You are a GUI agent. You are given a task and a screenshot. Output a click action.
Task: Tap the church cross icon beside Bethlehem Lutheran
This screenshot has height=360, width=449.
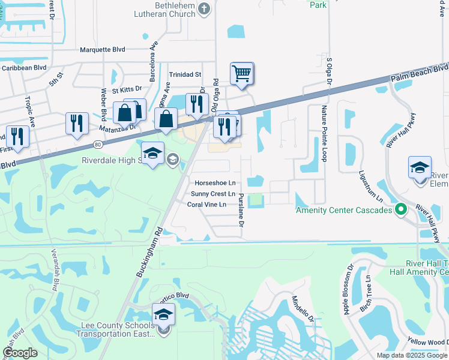pyautogui.click(x=204, y=8)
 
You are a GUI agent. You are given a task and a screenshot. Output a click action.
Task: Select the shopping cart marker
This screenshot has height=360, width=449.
pyautogui.click(x=241, y=74)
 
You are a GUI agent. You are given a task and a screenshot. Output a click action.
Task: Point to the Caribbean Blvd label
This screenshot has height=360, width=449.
pyautogui.click(x=24, y=68)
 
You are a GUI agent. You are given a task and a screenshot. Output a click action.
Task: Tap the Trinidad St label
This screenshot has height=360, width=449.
pyautogui.click(x=185, y=74)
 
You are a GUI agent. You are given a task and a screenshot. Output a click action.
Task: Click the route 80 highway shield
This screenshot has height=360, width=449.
pyautogui.click(x=97, y=144)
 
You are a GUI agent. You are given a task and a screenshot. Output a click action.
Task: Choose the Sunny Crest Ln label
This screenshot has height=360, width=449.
pyautogui.click(x=213, y=194)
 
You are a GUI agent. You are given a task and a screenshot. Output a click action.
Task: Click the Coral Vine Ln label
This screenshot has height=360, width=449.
pyautogui.click(x=206, y=205)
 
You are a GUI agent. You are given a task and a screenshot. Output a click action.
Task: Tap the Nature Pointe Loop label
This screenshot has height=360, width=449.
pyautogui.click(x=324, y=131)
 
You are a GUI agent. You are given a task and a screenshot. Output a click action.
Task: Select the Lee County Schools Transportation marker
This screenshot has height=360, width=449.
pyautogui.click(x=163, y=314)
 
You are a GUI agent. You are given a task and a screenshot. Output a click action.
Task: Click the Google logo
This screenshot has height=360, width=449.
pyautogui.click(x=19, y=353)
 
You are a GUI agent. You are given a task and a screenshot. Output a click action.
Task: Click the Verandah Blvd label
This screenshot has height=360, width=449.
pyautogui.click(x=55, y=274)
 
